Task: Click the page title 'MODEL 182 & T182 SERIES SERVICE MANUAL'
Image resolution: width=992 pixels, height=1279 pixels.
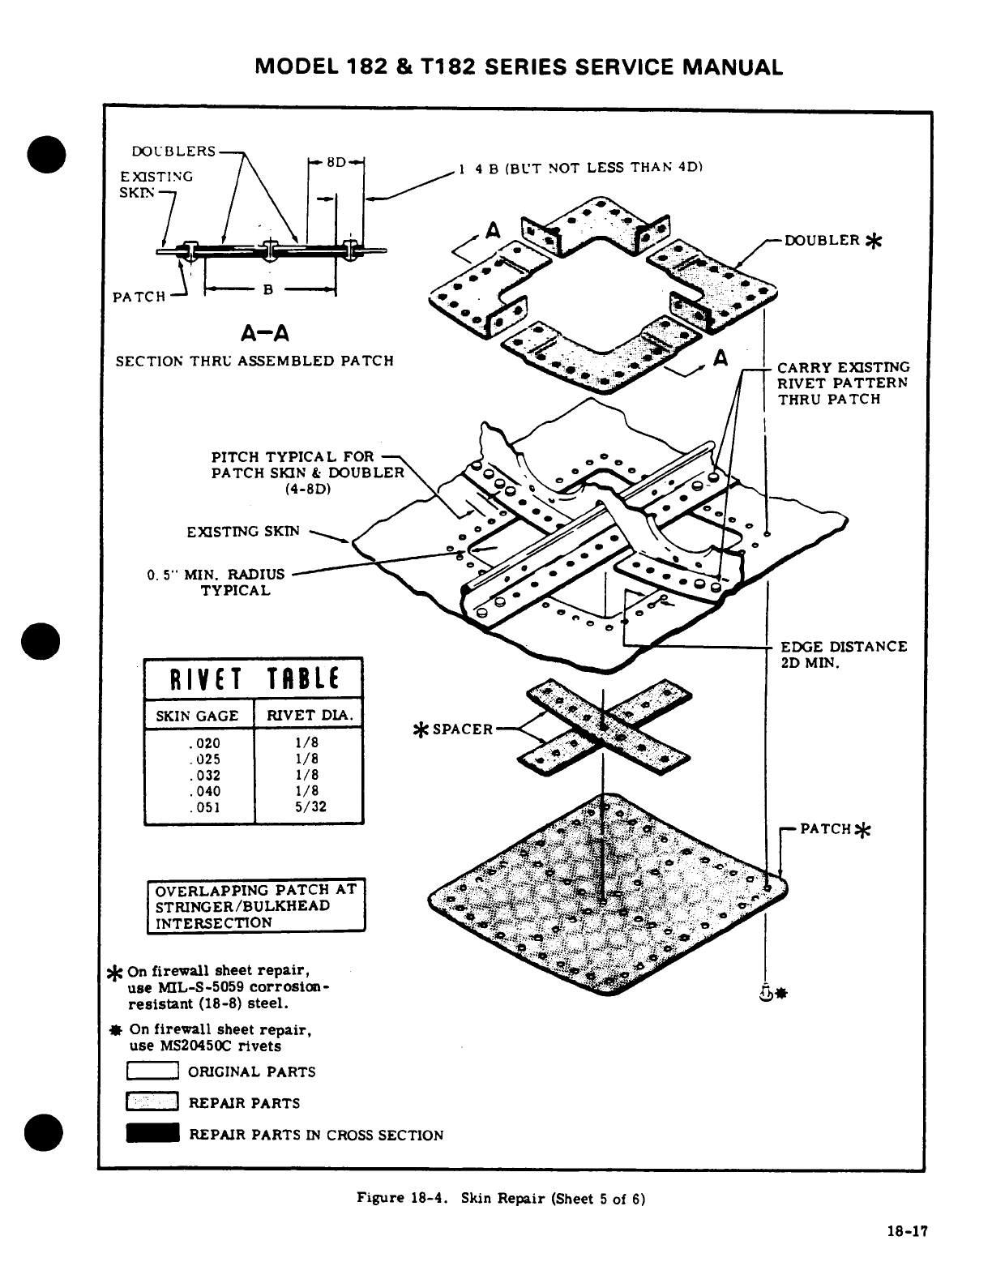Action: point(519,66)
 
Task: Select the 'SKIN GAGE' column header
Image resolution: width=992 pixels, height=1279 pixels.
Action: point(197,716)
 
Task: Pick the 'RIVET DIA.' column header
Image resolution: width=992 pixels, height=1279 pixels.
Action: point(309,716)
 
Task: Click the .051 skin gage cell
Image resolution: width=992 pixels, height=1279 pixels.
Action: point(204,807)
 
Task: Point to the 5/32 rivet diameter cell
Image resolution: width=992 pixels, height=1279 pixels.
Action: point(307,807)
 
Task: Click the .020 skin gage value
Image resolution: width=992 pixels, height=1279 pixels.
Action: point(204,743)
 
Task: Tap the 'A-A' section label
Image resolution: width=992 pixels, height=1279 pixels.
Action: point(265,333)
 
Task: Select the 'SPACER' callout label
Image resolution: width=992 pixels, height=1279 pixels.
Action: point(462,729)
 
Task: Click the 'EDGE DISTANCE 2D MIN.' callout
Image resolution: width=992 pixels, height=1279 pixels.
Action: point(843,654)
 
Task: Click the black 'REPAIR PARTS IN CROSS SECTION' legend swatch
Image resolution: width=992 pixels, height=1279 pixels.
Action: point(152,1134)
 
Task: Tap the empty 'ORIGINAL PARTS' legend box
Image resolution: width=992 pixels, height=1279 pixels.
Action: point(152,1072)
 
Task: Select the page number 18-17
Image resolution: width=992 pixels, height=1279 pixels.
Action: point(906,1230)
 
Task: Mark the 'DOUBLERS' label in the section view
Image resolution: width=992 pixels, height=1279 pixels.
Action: point(174,152)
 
